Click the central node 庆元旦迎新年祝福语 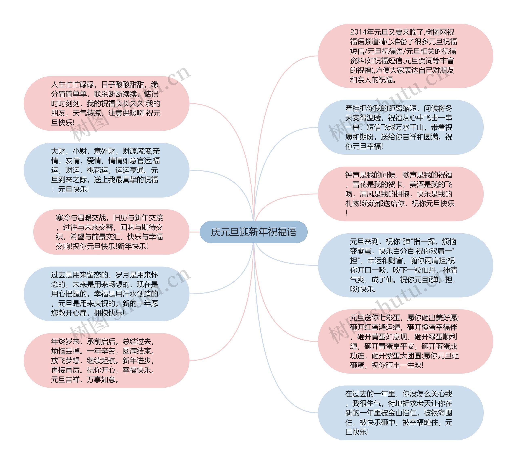[x=253, y=232]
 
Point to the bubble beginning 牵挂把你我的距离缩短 [x=400, y=127]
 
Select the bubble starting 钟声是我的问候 [x=400, y=194]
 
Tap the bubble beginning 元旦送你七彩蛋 [x=405, y=341]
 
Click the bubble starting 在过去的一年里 [x=400, y=413]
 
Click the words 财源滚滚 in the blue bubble [x=137, y=151]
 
